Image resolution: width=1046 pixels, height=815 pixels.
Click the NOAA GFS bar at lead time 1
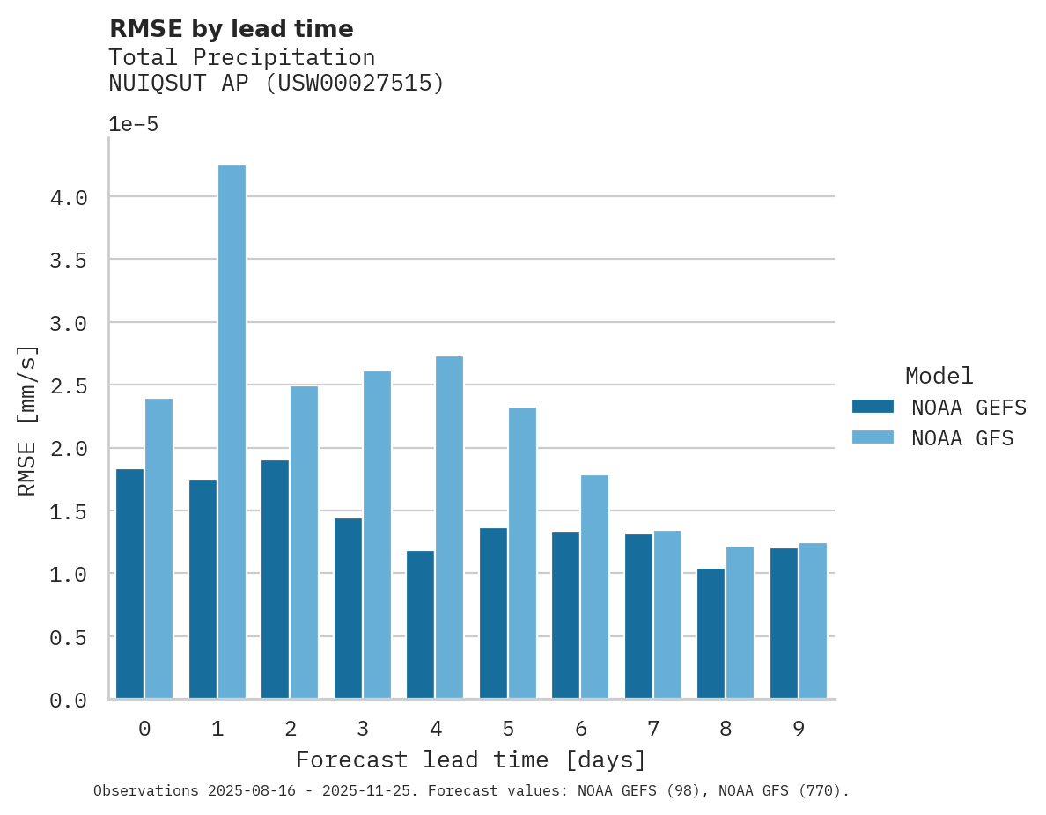click(232, 431)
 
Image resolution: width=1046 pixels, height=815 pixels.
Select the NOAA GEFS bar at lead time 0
click(129, 584)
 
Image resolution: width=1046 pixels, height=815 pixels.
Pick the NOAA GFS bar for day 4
click(449, 527)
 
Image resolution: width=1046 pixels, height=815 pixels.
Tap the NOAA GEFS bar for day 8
click(711, 634)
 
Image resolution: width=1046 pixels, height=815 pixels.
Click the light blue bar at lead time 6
click(594, 587)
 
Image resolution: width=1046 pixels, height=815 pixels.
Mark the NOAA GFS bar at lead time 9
click(813, 620)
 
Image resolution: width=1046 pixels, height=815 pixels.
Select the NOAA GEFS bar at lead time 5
click(493, 613)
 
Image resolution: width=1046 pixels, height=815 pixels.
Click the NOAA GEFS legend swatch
click(873, 407)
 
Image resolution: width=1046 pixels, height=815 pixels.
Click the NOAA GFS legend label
click(962, 438)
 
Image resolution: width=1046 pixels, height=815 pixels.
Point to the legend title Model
click(939, 377)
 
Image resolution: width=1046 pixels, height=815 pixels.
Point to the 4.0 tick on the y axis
click(69, 198)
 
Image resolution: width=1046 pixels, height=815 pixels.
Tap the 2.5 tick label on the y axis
click(69, 386)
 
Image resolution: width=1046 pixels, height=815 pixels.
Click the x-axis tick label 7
click(652, 729)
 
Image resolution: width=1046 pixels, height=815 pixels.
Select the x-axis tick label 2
click(290, 729)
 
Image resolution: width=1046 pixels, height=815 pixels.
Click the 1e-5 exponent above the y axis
click(133, 125)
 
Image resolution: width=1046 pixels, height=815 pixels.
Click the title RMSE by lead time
click(231, 29)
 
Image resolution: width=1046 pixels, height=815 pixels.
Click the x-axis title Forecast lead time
click(470, 760)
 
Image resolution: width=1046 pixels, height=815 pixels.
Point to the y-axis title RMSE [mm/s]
click(28, 421)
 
